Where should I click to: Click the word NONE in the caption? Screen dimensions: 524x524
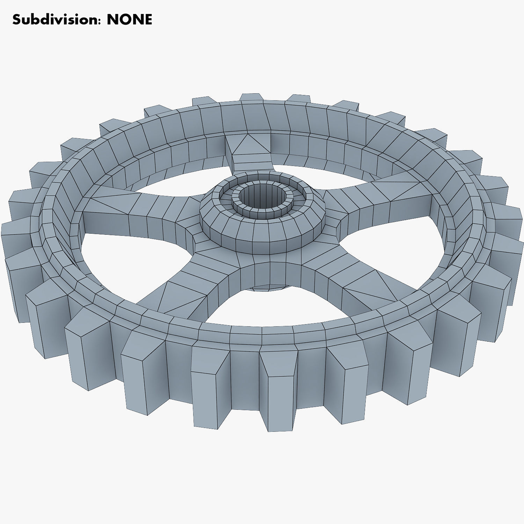pos(129,20)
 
